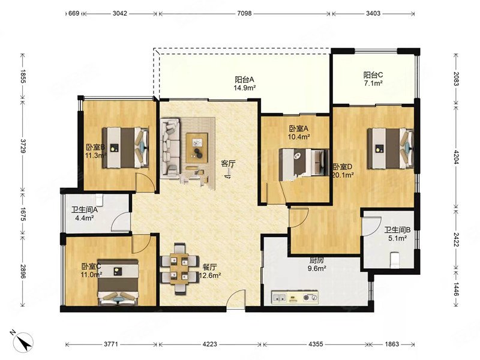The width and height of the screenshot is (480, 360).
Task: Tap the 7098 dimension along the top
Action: pos(244,13)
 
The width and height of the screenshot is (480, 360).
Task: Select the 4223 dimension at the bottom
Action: pos(209,344)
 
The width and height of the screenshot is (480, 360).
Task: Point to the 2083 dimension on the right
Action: pos(456,79)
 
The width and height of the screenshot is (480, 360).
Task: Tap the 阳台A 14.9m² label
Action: pos(245,83)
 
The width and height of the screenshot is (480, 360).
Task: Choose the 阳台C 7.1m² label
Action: pos(373,79)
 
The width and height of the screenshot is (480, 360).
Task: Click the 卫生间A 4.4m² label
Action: pos(85,214)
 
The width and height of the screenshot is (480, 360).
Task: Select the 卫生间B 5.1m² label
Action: pos(397,234)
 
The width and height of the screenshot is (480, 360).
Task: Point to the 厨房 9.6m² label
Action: pos(317,265)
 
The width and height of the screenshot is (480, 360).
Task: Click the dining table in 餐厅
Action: pos(179,269)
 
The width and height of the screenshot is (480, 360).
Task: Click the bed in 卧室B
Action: pos(126,148)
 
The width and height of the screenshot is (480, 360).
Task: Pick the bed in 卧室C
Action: pos(118,282)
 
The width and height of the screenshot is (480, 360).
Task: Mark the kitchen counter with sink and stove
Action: pos(295,297)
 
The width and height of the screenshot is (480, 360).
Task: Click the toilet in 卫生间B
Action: pos(395,259)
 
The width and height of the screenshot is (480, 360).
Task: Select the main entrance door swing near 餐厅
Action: pos(236,299)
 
